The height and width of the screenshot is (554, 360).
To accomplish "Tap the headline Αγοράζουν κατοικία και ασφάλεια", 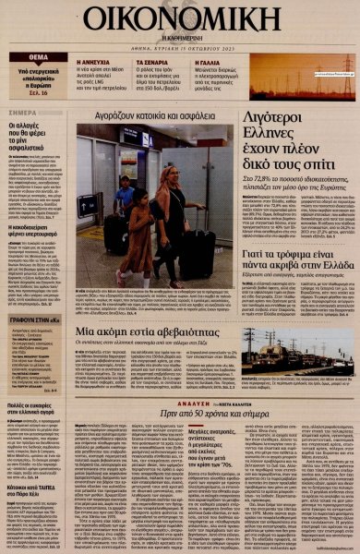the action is click(152, 115).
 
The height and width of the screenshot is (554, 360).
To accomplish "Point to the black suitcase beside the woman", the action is click(198, 254).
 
